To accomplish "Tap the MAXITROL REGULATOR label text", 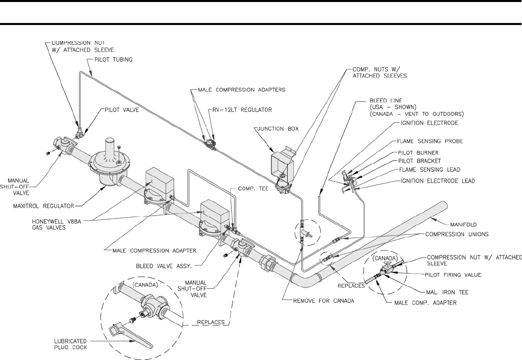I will [x=43, y=205].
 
